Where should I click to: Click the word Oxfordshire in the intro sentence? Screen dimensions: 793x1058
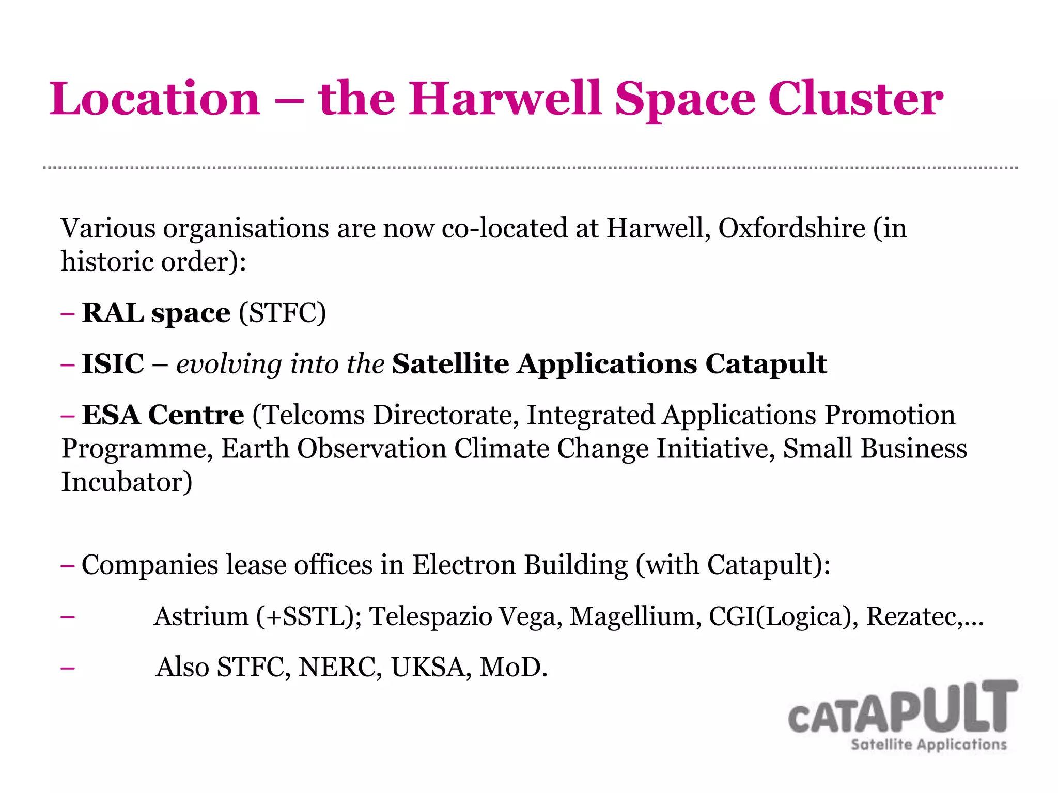click(x=791, y=228)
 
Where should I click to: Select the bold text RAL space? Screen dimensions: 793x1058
click(x=156, y=313)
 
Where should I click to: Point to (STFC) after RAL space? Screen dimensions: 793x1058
click(x=283, y=313)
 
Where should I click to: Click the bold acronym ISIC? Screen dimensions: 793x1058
click(x=113, y=363)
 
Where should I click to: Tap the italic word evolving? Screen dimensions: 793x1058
click(x=229, y=364)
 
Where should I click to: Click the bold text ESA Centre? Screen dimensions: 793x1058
click(x=163, y=415)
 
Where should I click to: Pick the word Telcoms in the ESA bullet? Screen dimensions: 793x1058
click(x=315, y=415)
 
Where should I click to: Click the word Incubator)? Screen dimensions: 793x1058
click(x=127, y=482)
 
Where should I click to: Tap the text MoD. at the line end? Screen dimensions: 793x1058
click(x=513, y=667)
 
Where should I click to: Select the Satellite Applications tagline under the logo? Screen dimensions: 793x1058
click(x=928, y=744)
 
